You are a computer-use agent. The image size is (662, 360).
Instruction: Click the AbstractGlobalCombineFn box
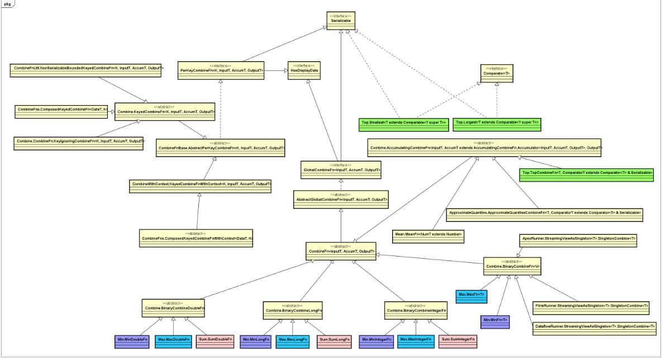click(341, 198)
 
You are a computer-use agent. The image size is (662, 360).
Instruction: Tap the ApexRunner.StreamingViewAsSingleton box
click(578, 238)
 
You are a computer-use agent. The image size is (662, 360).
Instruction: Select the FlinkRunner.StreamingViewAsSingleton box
click(592, 306)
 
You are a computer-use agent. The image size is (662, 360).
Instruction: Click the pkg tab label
click(7, 3)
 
